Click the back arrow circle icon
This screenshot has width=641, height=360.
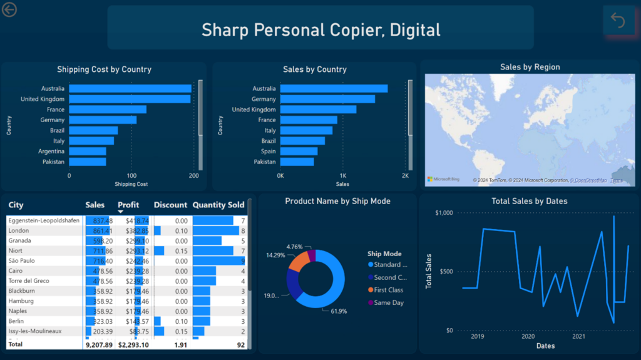[x=9, y=9]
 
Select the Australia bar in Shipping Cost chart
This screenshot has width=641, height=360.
[x=130, y=89]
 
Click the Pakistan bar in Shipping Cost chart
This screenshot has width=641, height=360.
[x=87, y=162]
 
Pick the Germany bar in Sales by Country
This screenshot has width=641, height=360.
[x=327, y=99]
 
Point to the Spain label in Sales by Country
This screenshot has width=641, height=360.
[x=267, y=152]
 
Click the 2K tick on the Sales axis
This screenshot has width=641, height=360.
[x=405, y=176]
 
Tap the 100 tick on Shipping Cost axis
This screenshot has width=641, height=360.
[x=131, y=176]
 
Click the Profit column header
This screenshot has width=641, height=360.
[x=128, y=205]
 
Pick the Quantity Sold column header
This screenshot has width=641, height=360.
[x=218, y=205]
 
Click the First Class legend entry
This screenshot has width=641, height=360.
[x=388, y=290]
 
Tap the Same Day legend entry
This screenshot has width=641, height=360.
[x=388, y=303]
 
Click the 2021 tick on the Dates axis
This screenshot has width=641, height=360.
[x=578, y=336]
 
